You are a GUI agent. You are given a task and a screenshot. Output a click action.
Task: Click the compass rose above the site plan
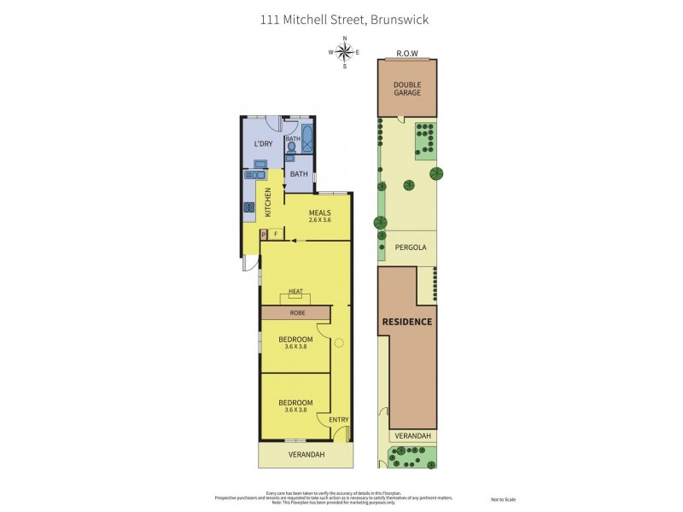(x=345, y=52)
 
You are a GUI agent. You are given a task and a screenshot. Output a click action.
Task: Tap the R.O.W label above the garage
(x=406, y=53)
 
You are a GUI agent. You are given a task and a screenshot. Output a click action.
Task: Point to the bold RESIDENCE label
(x=406, y=322)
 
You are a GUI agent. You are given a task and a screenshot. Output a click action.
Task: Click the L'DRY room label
(x=262, y=143)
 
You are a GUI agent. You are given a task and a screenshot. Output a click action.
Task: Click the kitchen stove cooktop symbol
(x=249, y=207)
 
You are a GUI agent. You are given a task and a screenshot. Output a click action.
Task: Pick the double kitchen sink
(x=253, y=175)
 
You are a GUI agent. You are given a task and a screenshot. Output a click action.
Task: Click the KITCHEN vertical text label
(x=267, y=201)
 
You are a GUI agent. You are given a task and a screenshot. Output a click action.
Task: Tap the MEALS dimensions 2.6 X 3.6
(x=319, y=220)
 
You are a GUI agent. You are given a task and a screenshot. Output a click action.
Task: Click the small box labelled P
(x=264, y=233)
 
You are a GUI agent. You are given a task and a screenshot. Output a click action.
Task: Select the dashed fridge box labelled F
(x=276, y=233)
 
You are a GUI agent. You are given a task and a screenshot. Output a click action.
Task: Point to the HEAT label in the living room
(x=295, y=292)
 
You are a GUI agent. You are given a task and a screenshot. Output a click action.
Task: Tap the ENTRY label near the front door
(x=338, y=419)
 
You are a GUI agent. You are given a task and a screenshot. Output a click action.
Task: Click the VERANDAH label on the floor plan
(x=306, y=454)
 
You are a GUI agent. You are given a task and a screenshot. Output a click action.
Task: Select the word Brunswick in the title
(x=398, y=18)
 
